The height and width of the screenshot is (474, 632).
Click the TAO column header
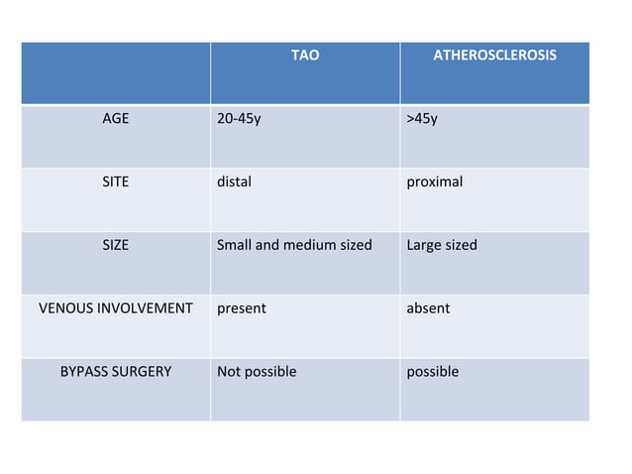[305, 56]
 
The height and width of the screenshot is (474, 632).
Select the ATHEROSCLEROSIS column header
[494, 56]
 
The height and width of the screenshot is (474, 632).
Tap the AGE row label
[115, 119]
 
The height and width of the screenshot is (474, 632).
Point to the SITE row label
[115, 182]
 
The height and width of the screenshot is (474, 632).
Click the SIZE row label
[115, 245]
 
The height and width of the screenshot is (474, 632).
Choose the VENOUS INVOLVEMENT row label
[115, 308]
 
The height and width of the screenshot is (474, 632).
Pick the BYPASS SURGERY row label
[115, 372]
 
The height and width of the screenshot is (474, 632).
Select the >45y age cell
[422, 119]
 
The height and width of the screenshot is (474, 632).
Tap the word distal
[235, 182]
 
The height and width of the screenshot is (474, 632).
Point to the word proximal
[435, 182]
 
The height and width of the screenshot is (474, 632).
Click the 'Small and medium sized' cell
[294, 245]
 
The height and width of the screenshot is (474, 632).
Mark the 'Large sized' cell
[442, 245]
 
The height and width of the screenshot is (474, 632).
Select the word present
[242, 308]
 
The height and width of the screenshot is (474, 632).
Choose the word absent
[428, 308]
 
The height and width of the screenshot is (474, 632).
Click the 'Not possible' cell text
[257, 372]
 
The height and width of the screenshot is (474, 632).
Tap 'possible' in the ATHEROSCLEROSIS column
[433, 372]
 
